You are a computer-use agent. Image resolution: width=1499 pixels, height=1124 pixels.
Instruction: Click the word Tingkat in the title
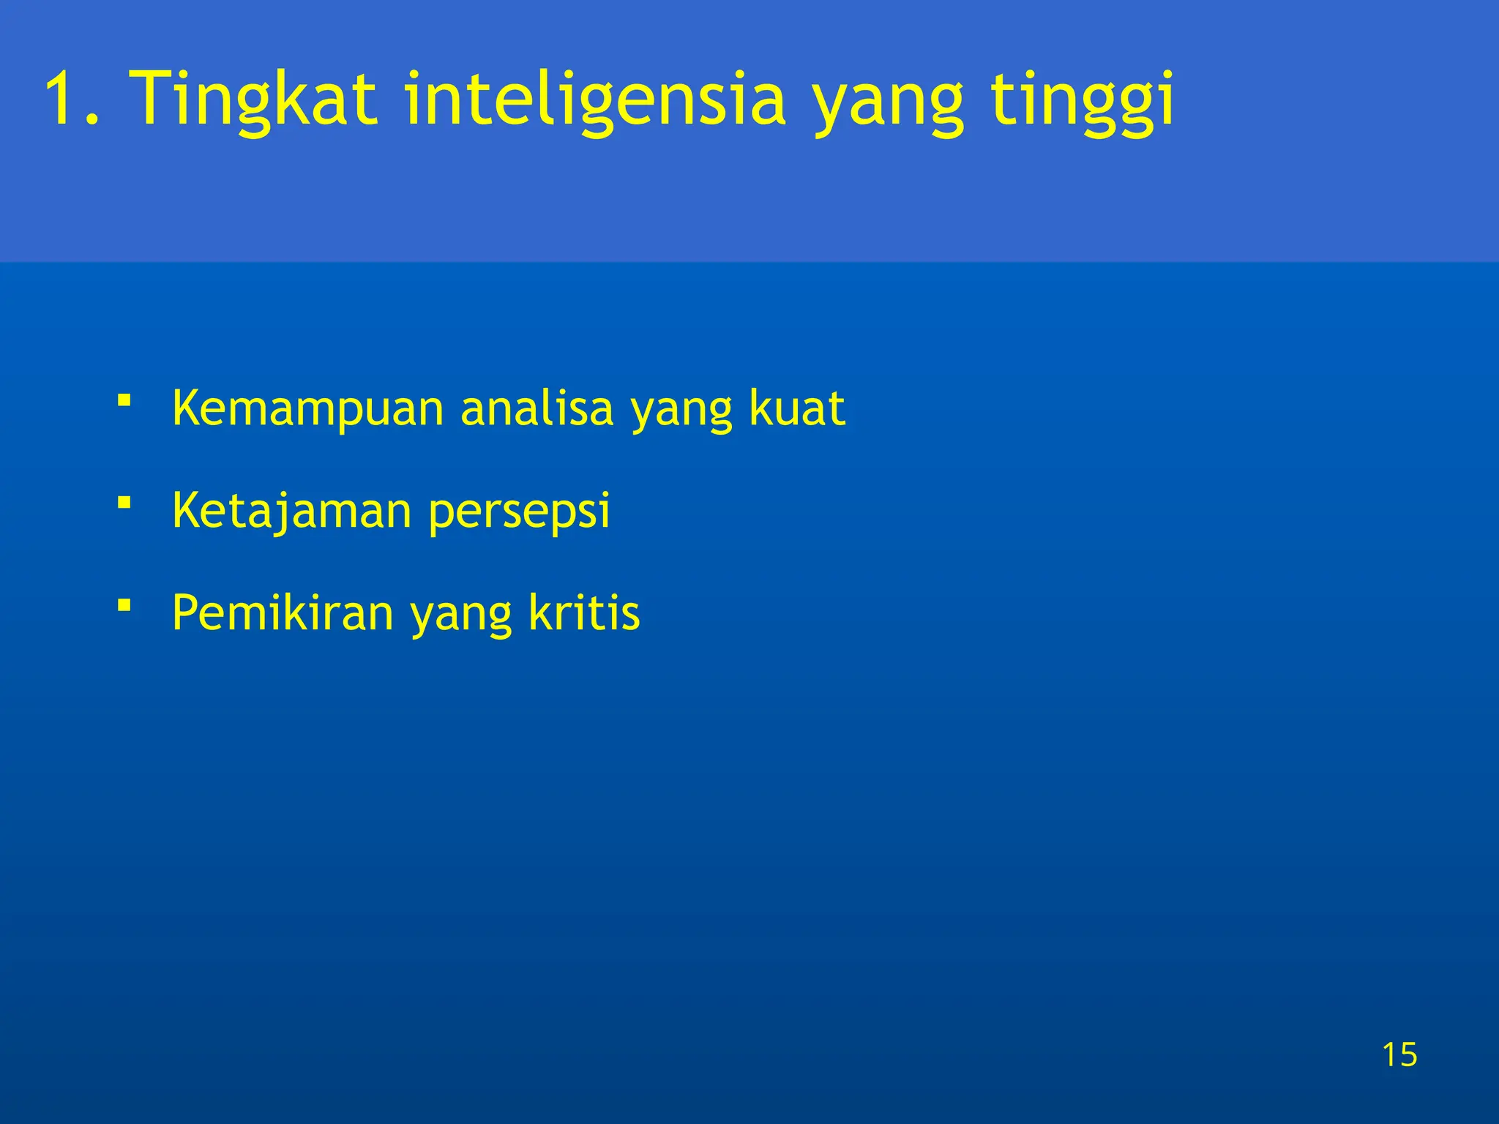pos(253,99)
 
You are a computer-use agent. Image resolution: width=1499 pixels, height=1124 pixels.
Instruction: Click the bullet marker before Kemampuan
pos(124,400)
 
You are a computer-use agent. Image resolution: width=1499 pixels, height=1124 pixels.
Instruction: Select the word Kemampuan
pos(308,408)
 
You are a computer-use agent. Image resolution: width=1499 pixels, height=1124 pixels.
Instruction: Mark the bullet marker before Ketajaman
pos(124,503)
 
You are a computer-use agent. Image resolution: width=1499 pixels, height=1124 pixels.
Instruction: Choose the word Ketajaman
pos(292,511)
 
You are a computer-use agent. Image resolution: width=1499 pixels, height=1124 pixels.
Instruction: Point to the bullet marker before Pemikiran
pos(124,605)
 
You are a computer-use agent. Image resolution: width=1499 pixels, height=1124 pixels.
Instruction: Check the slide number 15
pos(1399,1054)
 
